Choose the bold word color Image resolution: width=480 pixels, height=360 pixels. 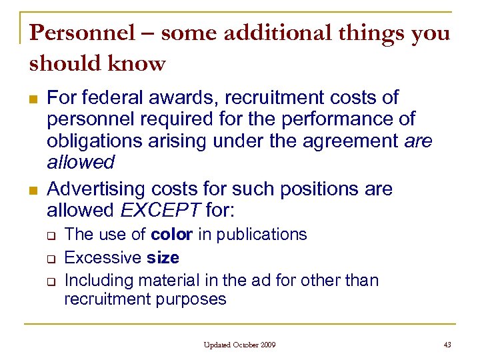172,235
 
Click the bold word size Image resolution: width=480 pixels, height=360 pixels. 163,257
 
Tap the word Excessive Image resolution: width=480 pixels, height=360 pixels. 103,257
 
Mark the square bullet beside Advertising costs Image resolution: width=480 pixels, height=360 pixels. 32,190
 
